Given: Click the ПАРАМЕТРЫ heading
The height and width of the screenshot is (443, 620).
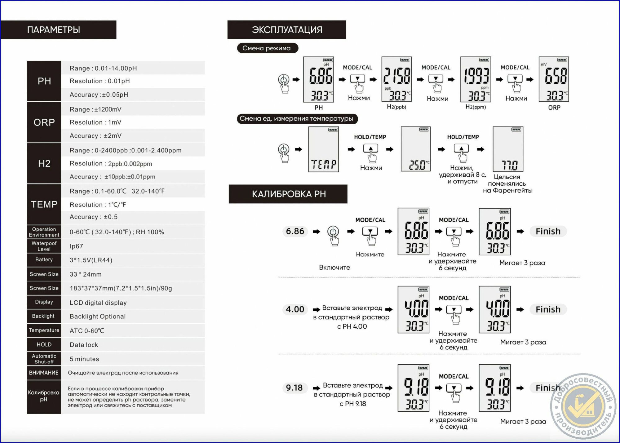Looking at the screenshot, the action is coord(54,30).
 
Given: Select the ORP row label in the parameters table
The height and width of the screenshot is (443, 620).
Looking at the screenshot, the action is coord(44,122).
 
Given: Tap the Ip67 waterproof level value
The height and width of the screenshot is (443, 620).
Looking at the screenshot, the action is coord(76,246).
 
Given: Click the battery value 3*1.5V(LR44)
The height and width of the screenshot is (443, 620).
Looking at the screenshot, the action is coord(91,260).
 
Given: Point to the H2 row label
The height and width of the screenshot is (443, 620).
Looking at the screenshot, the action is coord(44,163).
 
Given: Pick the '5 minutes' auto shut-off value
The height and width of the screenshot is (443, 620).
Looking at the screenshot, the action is coord(84,359).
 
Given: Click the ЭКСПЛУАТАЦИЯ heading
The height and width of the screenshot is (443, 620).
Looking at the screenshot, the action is coord(287,30).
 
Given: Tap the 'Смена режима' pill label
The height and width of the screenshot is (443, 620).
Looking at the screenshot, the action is coord(268,48).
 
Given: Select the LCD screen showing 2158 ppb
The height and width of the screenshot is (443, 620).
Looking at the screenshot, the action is coord(396,79).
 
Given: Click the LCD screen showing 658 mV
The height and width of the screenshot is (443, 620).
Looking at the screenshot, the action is coord(554,79).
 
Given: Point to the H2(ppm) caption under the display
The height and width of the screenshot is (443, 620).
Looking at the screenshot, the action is coord(476,107).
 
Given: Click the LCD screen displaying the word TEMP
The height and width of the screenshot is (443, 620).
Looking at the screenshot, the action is coord(323,149).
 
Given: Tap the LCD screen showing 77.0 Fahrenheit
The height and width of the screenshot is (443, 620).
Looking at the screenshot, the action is coord(508,149).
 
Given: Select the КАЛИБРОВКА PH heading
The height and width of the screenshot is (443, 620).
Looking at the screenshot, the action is coord(289,194).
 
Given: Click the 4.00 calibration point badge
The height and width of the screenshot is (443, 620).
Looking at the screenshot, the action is coord(295,309).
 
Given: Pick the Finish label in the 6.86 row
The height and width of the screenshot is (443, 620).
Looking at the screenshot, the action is coord(548,231).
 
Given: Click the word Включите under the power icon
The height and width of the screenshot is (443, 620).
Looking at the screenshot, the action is coord(334,268).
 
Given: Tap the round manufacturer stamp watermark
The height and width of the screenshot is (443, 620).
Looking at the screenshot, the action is coord(583,406).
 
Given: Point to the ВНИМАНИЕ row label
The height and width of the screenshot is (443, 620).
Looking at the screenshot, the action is coord(44,373).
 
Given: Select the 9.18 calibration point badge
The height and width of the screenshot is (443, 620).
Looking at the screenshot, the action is coord(294,388).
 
